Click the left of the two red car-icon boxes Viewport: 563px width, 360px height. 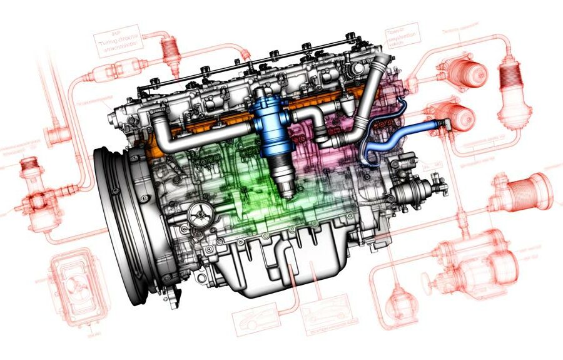(254, 319)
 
